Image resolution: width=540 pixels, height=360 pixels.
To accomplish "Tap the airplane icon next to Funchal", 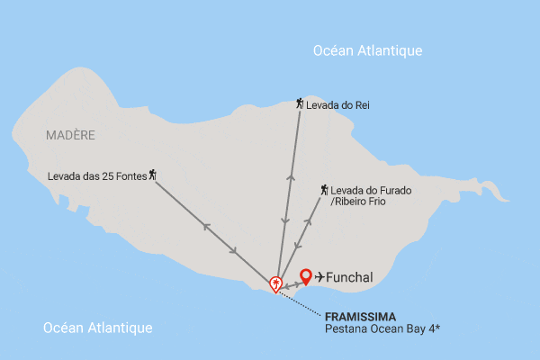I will tap(319, 276).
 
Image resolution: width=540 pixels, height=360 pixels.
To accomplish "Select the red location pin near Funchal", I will tap(306, 276).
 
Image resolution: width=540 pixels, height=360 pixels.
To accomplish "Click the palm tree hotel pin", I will tap(275, 283).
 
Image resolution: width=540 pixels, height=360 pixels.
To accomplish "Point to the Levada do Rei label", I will tap(337, 105).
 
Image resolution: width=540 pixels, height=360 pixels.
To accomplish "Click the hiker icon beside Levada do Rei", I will tap(300, 104).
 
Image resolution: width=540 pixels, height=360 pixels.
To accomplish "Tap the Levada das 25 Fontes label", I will tap(98, 174).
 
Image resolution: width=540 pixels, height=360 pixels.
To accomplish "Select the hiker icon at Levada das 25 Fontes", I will tap(153, 174).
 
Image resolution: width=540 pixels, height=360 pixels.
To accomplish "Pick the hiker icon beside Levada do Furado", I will tap(323, 190).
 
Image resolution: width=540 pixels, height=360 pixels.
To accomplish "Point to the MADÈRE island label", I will tap(69, 135).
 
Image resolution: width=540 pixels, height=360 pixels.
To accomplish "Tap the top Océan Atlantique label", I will tap(367, 51).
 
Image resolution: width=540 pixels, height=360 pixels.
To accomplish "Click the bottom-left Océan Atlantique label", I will tap(97, 328).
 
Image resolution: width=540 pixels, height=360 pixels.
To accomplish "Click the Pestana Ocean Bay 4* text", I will tap(382, 329).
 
